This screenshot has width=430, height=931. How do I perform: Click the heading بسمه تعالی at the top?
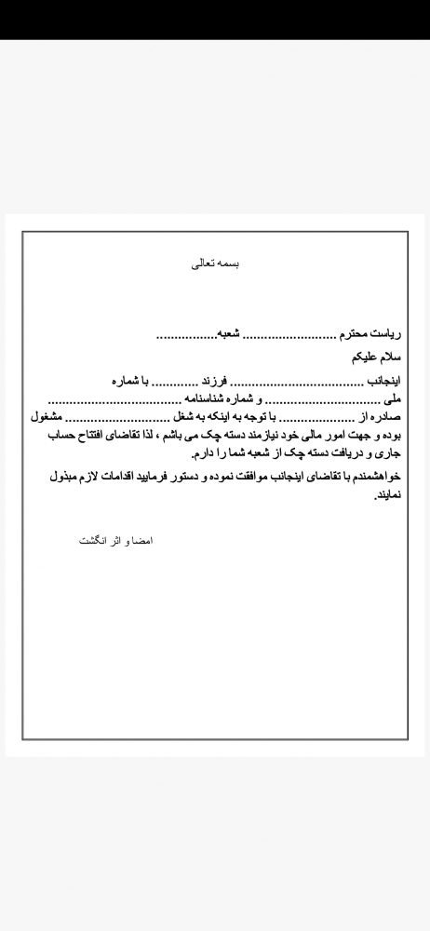click(215, 263)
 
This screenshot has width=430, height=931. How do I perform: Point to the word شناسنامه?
click(216, 398)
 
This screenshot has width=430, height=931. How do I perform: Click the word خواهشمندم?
click(380, 476)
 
